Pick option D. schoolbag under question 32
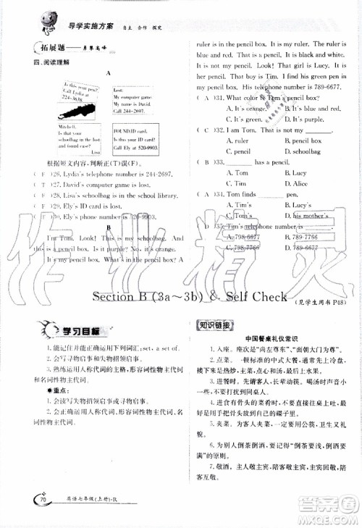[x=308, y=151]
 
